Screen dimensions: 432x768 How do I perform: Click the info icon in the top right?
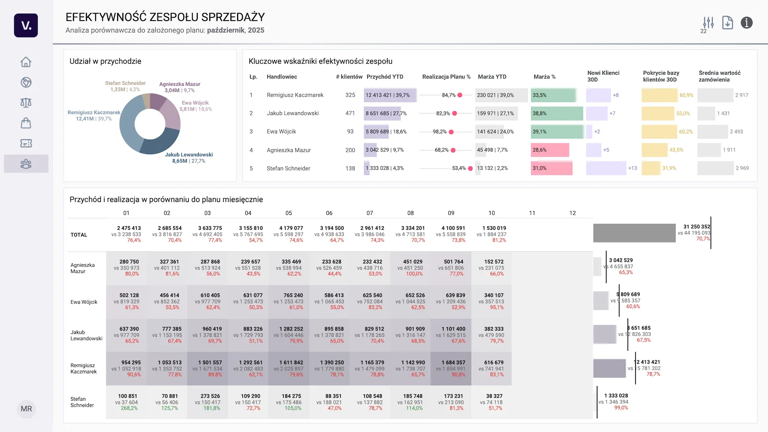click(746, 23)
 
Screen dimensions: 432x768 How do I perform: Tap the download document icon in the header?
click(728, 23)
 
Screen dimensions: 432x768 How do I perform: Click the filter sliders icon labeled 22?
click(708, 23)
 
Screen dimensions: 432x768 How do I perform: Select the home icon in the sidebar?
click(26, 62)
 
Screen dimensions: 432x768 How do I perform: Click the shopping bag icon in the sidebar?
click(26, 123)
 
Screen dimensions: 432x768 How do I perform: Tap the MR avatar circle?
click(26, 409)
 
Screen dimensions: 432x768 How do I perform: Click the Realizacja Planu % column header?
click(446, 77)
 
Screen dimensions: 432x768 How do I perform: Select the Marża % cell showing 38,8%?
click(540, 114)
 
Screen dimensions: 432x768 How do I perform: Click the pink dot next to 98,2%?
click(452, 132)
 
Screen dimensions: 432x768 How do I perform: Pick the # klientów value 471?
click(350, 114)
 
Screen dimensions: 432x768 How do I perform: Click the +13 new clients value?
click(632, 168)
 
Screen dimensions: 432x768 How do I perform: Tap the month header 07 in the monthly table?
click(370, 213)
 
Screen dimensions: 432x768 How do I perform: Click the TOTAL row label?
click(79, 235)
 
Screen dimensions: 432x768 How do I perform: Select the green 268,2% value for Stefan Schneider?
click(129, 408)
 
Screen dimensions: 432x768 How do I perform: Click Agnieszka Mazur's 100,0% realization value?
click(414, 274)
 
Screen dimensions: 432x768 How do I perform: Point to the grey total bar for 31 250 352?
click(634, 233)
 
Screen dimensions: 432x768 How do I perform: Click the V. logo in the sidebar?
click(26, 25)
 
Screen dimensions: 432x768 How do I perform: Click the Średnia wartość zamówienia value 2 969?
click(742, 168)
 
